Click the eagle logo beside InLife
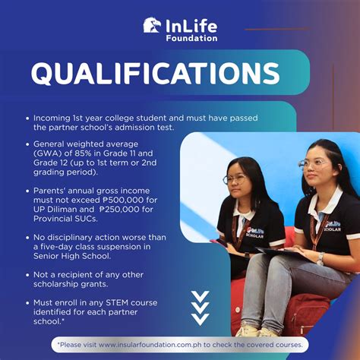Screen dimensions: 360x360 click(x=152, y=25)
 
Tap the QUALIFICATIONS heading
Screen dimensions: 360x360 click(x=155, y=73)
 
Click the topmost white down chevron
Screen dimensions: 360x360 click(x=200, y=295)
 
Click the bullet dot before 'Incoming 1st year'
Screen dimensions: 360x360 click(x=27, y=118)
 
